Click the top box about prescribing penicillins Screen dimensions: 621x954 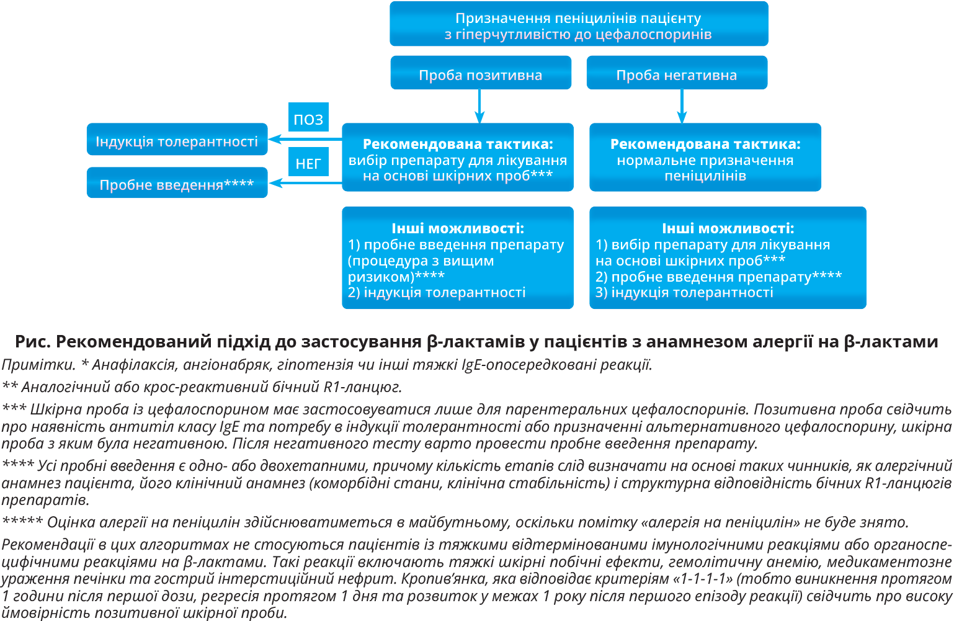pyautogui.click(x=579, y=24)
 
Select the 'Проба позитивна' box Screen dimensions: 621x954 pyautogui.click(x=481, y=73)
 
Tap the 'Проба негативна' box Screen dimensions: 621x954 pyautogui.click(x=677, y=73)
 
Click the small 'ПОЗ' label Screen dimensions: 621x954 pyautogui.click(x=308, y=118)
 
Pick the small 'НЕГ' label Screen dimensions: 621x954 pyautogui.click(x=308, y=163)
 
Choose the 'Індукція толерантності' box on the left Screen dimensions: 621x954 pyautogui.click(x=177, y=140)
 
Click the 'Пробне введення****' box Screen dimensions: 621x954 pyautogui.click(x=177, y=183)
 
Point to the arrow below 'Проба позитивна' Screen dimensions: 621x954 pyautogui.click(x=479, y=107)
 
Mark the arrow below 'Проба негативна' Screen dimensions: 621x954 pyautogui.click(x=682, y=107)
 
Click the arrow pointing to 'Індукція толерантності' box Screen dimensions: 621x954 pyautogui.click(x=304, y=139)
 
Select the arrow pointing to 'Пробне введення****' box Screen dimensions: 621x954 pyautogui.click(x=304, y=182)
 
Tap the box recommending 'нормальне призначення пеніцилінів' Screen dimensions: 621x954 pyautogui.click(x=705, y=158)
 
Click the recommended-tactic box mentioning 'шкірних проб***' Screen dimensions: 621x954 pyautogui.click(x=458, y=158)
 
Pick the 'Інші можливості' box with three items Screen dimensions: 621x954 pyautogui.click(x=728, y=258)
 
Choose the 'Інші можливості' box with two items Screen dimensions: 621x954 pyautogui.click(x=458, y=258)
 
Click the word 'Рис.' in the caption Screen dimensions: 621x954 pyautogui.click(x=33, y=342)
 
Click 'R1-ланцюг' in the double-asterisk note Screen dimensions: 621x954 pyautogui.click(x=362, y=387)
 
